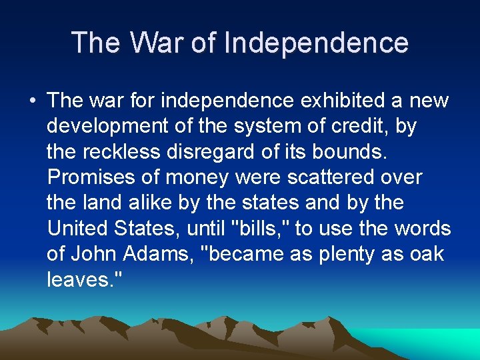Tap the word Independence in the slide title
pos(316,43)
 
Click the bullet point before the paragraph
pos(31,101)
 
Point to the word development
pos(107,126)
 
